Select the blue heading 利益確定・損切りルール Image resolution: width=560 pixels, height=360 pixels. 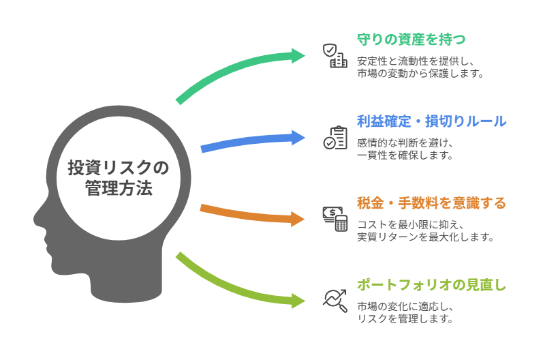click(431, 121)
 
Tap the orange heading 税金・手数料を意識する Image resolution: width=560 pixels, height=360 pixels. click(431, 203)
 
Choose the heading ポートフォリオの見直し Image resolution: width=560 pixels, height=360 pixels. click(431, 285)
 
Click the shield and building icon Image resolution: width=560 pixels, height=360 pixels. click(335, 55)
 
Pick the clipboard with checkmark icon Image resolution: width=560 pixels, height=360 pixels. click(335, 138)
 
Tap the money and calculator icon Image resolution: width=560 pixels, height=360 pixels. click(335, 219)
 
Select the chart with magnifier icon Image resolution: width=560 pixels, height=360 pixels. click(335, 300)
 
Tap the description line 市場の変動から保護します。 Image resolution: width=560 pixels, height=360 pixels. click(420, 74)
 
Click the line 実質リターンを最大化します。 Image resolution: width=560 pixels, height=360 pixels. click(425, 237)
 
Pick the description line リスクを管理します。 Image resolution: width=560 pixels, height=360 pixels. click(405, 318)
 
